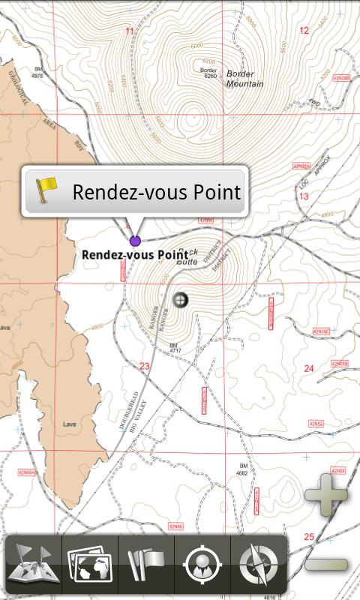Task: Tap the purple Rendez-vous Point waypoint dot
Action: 135,241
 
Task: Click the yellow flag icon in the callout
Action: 47,191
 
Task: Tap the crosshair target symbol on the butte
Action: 180,300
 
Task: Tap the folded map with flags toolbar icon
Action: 34,563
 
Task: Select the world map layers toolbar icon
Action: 89,563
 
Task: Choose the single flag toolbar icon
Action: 146,563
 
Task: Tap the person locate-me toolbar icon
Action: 202,563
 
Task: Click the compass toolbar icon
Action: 258,563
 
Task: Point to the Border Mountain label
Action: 244,79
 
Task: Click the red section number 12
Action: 304,31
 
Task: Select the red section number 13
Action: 304,196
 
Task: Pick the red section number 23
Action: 145,366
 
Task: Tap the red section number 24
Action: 308,368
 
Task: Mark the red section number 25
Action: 309,537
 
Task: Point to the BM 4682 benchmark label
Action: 242,469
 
